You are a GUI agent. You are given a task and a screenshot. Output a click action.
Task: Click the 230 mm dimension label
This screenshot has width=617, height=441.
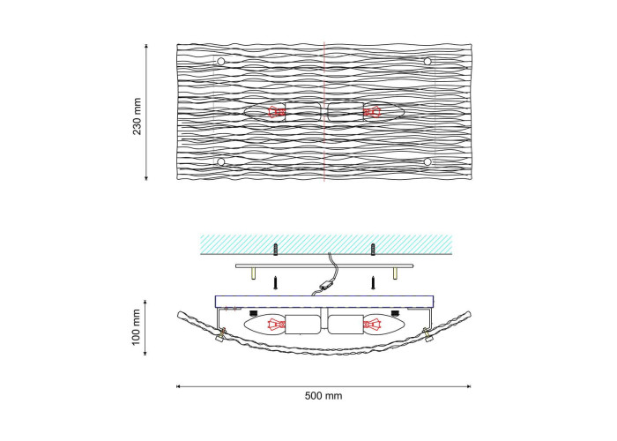(137, 116)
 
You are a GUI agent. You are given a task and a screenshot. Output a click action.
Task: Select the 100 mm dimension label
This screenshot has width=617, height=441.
(136, 327)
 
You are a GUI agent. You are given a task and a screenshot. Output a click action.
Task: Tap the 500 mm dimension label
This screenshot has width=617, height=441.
(323, 396)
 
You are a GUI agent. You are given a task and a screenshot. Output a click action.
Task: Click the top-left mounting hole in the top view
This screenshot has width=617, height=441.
(221, 62)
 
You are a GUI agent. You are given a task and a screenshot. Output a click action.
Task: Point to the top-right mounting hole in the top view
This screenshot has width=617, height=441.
(427, 61)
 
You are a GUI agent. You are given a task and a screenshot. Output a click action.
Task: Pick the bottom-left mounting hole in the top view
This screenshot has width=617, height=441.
(221, 161)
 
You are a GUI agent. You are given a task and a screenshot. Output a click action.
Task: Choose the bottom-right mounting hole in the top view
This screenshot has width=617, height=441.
(427, 161)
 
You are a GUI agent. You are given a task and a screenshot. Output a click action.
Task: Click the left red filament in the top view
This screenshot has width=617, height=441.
(277, 112)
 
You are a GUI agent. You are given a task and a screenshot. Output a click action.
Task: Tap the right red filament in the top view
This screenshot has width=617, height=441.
(372, 112)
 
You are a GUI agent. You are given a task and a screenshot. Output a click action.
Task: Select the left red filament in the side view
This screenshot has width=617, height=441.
(277, 325)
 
